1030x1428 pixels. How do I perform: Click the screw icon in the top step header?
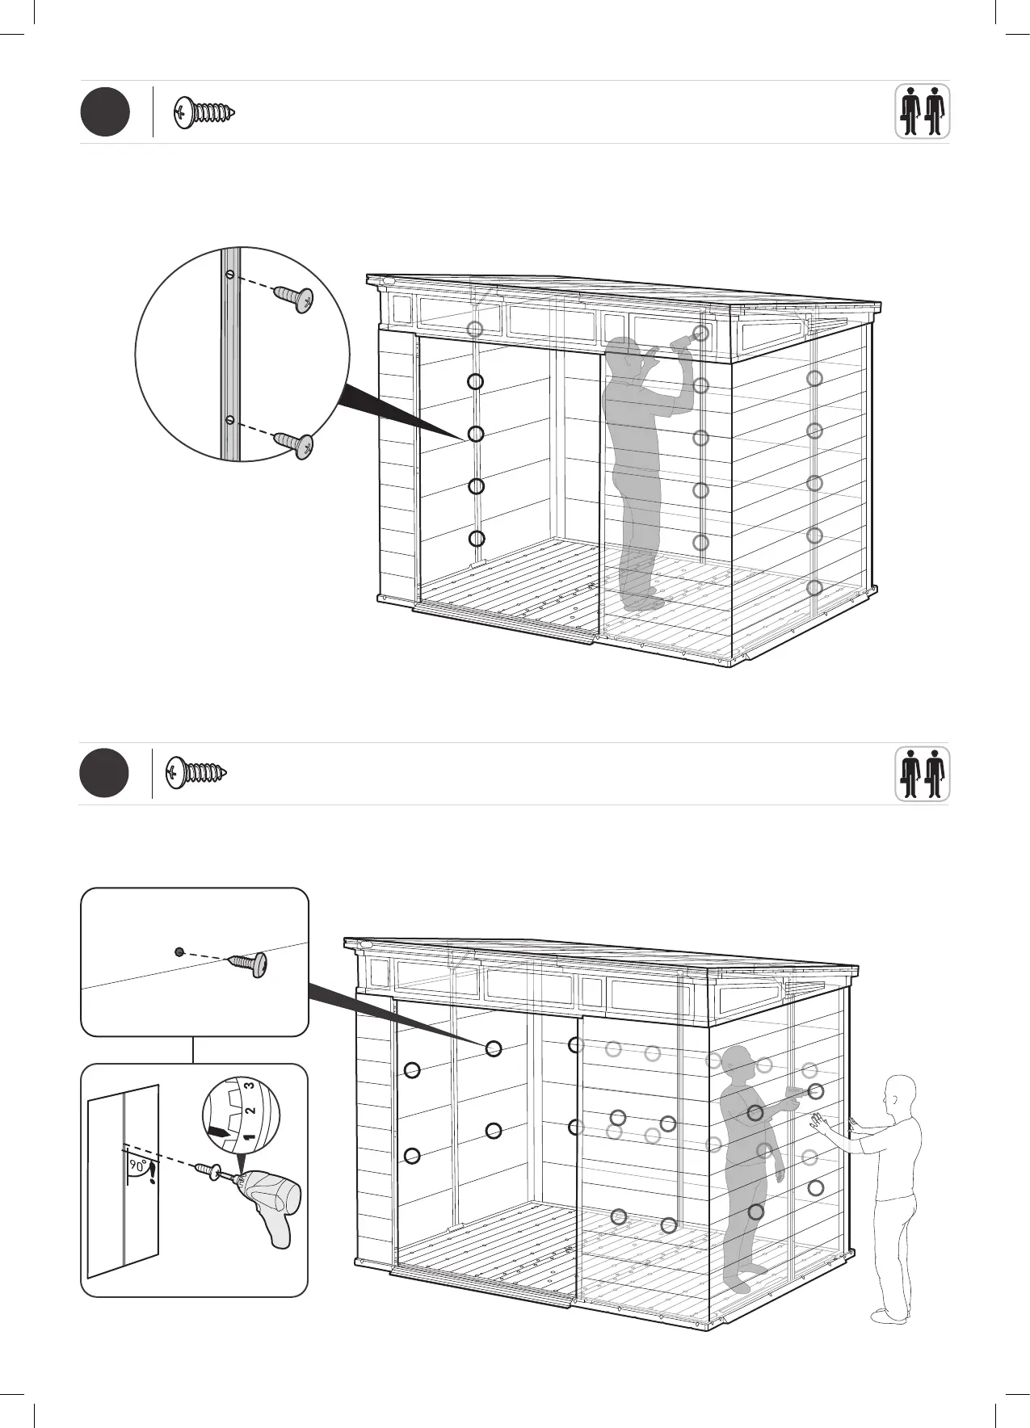(x=204, y=112)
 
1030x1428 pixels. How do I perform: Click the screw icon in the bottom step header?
(x=196, y=773)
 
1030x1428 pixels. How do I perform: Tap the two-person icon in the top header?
(x=922, y=111)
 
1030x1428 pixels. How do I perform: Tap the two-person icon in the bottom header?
(x=922, y=774)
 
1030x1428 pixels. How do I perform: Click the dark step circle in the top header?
(x=105, y=113)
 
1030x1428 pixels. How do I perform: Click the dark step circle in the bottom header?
(x=104, y=774)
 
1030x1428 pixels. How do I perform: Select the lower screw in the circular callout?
(x=295, y=444)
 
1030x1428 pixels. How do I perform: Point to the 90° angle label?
(x=137, y=1166)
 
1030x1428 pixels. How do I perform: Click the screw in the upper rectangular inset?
(x=250, y=964)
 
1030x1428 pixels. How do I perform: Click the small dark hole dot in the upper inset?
(x=179, y=951)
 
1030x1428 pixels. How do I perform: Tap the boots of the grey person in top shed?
(x=642, y=602)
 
